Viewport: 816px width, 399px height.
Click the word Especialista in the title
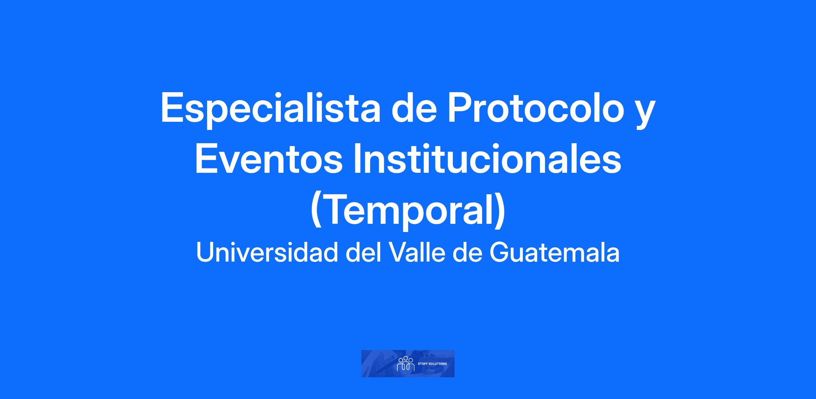tap(270, 108)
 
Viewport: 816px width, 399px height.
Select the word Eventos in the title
tap(269, 159)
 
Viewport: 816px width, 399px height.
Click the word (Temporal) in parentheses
tap(408, 211)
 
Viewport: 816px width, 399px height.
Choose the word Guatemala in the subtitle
tap(555, 252)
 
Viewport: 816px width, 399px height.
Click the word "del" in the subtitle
tap(363, 252)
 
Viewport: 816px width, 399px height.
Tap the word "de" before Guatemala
tap(468, 252)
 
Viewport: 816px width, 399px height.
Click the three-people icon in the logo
tap(406, 364)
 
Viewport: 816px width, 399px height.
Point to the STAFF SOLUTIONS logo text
tap(432, 364)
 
